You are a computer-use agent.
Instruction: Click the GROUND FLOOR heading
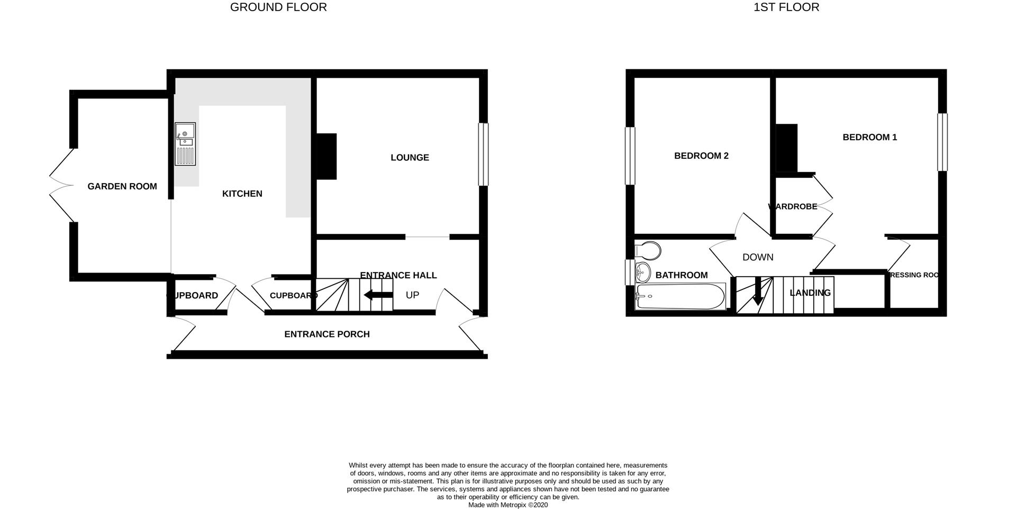tap(278, 7)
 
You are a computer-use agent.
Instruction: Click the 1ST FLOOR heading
tap(786, 7)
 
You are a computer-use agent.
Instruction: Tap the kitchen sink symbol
tap(185, 144)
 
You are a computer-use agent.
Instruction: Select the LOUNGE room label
tap(410, 158)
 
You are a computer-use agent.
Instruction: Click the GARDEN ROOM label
tap(122, 186)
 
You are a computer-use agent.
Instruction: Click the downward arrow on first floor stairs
tap(758, 292)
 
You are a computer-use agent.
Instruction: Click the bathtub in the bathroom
tap(680, 297)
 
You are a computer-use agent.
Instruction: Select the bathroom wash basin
tap(643, 272)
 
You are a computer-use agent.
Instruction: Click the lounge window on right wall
tap(483, 154)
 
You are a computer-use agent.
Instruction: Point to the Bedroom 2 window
tap(630, 156)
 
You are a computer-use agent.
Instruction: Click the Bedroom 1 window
tap(942, 142)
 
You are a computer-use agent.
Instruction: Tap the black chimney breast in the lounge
tap(326, 156)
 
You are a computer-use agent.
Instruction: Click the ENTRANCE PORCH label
tap(327, 334)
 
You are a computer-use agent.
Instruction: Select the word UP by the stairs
tap(412, 295)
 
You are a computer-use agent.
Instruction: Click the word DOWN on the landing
tap(758, 258)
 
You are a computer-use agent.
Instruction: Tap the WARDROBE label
tap(793, 207)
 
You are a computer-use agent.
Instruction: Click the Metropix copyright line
tap(508, 505)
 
